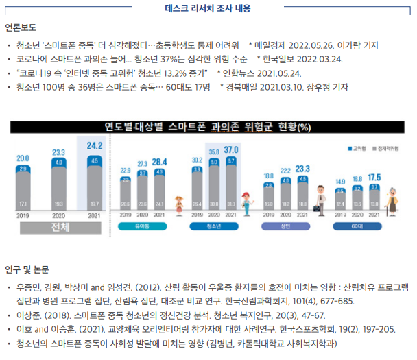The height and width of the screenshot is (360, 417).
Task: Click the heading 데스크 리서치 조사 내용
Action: (208, 9)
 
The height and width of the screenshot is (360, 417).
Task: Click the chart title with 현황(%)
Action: (208, 127)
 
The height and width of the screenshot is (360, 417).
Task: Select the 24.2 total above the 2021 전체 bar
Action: (94, 145)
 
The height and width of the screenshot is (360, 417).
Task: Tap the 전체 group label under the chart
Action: (58, 228)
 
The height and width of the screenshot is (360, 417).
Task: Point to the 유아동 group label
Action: (143, 225)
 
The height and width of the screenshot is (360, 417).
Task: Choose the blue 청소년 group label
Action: (213, 225)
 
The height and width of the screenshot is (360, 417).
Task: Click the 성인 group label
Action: (285, 225)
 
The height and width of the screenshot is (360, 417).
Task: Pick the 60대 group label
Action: (357, 225)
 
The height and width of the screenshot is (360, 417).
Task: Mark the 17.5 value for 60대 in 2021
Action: (374, 177)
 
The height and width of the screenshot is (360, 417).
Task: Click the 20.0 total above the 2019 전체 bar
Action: (23, 158)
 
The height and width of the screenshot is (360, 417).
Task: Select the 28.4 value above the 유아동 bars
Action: (159, 162)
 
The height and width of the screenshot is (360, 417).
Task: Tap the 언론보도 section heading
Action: (21, 29)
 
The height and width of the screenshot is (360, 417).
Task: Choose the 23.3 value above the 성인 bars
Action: (302, 169)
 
